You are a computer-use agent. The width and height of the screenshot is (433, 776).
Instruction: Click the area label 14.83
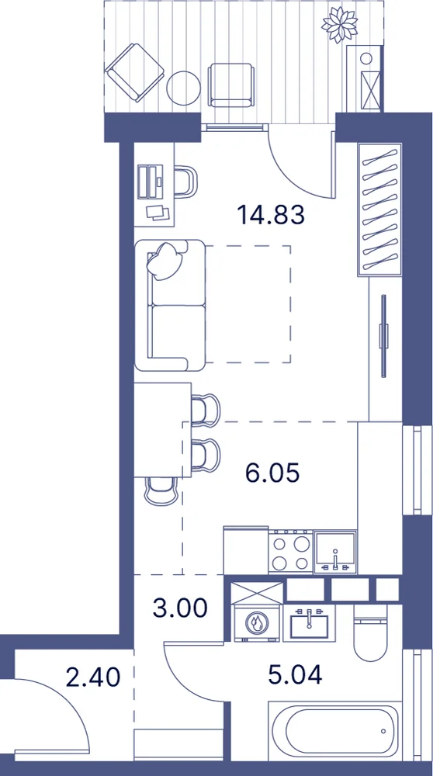click(x=270, y=215)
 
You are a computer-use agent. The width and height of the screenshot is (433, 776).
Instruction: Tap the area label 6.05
click(x=272, y=473)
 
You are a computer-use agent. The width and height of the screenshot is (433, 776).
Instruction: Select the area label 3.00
click(x=179, y=608)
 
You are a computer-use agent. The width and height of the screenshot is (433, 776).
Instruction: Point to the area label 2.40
click(x=93, y=677)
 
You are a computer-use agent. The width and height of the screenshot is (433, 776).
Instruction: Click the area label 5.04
click(x=295, y=674)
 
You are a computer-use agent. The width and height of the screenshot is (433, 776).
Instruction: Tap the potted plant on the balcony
click(x=339, y=26)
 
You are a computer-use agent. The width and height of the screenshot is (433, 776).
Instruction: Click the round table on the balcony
click(x=184, y=88)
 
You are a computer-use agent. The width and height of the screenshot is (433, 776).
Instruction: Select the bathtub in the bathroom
click(x=334, y=730)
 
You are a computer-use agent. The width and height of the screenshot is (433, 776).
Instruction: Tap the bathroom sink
click(x=310, y=622)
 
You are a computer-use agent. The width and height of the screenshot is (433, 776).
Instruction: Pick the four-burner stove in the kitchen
click(x=291, y=553)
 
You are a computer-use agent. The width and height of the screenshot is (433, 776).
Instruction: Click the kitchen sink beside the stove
click(x=335, y=552)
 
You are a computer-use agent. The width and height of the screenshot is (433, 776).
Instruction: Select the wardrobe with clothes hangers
click(x=379, y=210)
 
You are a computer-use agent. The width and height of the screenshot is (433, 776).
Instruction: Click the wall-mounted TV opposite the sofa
click(x=383, y=337)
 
